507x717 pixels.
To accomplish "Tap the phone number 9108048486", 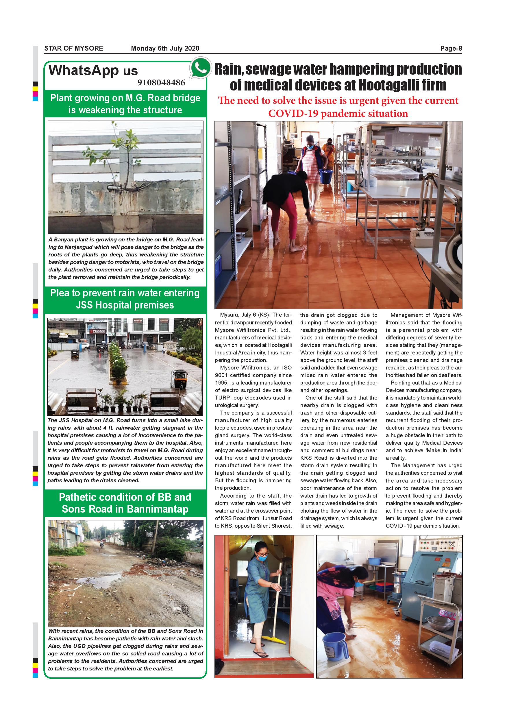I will point(161,83).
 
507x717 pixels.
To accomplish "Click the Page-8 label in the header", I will point(451,48).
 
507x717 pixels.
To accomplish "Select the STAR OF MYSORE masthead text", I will point(74,48).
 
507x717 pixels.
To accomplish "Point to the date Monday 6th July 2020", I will point(165,48).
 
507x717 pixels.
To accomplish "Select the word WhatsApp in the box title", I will point(84,71).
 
